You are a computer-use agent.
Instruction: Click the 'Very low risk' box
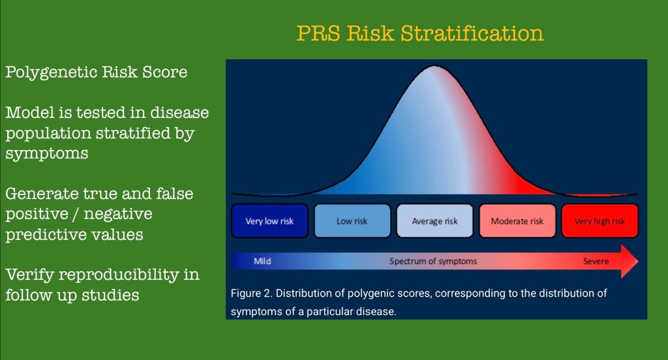pos(269,220)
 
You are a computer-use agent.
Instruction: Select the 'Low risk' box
pos(352,220)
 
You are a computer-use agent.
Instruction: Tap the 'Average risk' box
pos(435,220)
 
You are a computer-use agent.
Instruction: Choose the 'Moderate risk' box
pos(517,220)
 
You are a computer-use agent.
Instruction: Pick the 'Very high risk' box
pos(600,220)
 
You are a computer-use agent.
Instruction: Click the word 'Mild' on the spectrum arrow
pos(262,261)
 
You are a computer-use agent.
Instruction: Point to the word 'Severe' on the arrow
pos(596,261)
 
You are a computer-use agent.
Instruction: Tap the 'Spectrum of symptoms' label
pos(433,261)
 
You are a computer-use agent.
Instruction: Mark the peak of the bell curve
pos(434,66)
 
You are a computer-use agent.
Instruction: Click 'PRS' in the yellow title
pos(318,33)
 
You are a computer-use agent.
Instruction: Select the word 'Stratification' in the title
pos(472,33)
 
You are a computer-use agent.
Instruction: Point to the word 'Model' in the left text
pos(30,112)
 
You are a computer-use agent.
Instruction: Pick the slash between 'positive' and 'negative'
pos(76,214)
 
